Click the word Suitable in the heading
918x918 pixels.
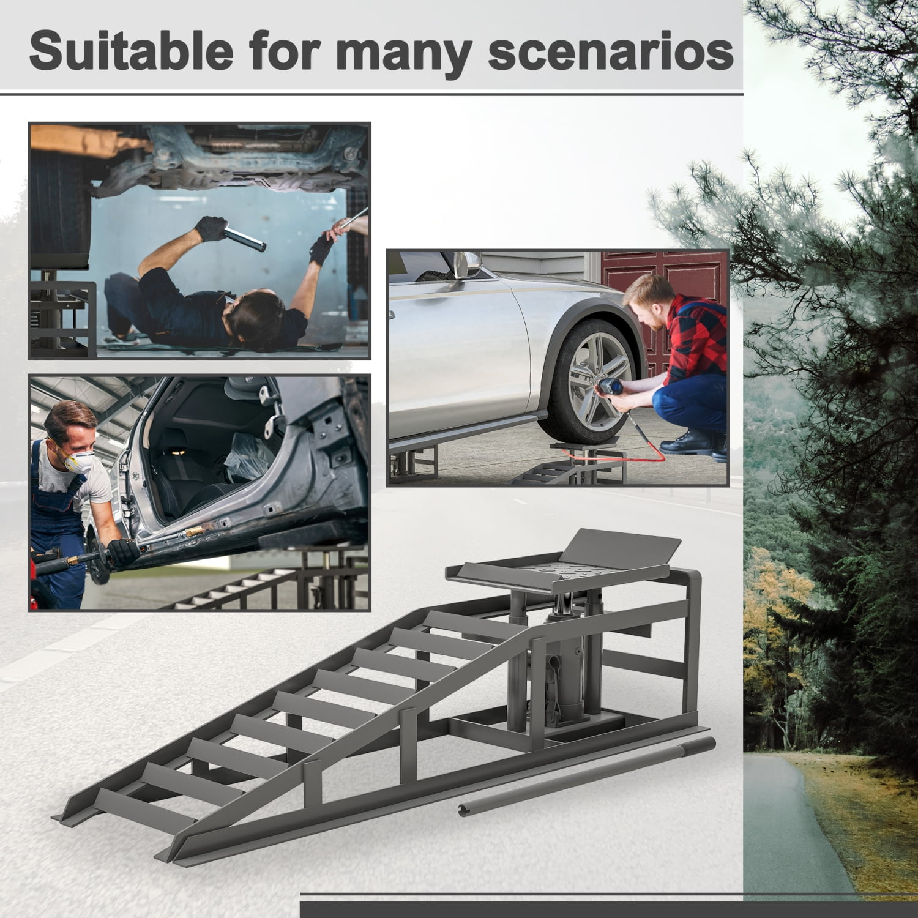tap(131, 51)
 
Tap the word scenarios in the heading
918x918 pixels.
tap(610, 51)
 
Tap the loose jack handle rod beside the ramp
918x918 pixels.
tap(588, 777)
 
